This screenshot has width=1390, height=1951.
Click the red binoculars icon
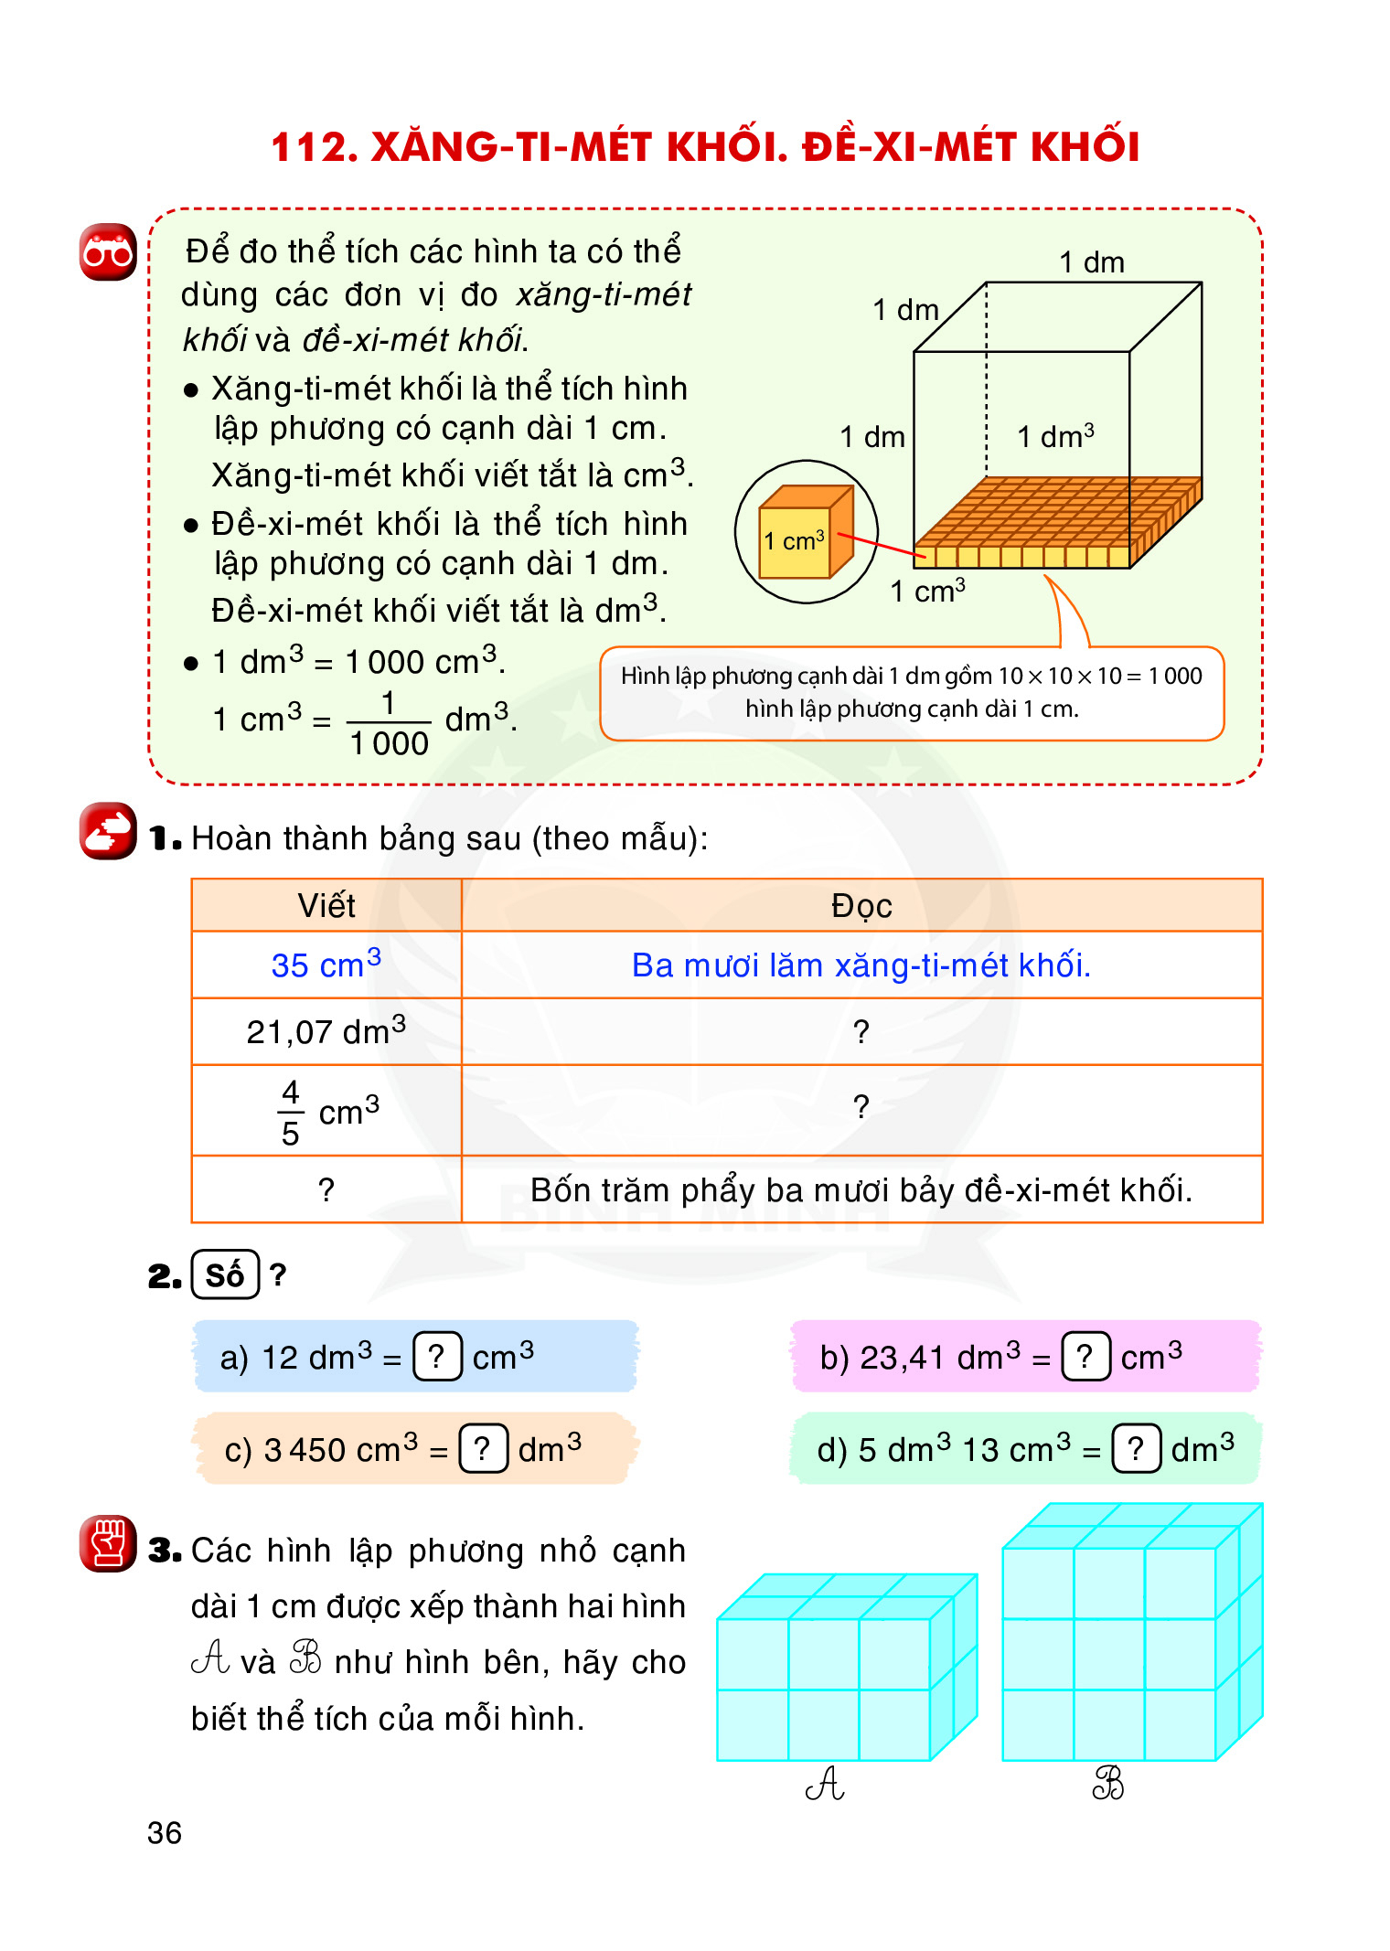(x=108, y=251)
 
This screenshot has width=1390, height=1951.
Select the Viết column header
(x=326, y=905)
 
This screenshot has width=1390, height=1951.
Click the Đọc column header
(x=861, y=905)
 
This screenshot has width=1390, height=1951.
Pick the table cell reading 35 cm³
(x=326, y=965)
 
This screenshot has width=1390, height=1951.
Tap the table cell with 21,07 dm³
(x=326, y=1031)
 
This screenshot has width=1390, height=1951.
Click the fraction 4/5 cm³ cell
(x=326, y=1110)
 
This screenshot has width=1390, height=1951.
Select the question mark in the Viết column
(x=326, y=1189)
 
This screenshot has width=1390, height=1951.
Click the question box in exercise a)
(x=437, y=1356)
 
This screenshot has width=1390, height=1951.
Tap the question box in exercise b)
(x=1085, y=1356)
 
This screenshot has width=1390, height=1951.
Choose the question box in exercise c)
(x=483, y=1448)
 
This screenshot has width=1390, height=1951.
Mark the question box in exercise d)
(x=1136, y=1448)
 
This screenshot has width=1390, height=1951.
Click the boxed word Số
(x=225, y=1274)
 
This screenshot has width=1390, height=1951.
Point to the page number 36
(x=165, y=1832)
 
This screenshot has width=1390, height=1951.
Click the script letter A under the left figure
(x=825, y=1783)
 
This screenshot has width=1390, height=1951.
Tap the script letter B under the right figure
(x=1108, y=1783)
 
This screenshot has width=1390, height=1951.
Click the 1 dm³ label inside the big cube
(x=1055, y=436)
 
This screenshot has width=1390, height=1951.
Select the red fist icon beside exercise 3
(x=108, y=1543)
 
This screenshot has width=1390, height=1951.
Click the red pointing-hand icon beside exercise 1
(x=108, y=831)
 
